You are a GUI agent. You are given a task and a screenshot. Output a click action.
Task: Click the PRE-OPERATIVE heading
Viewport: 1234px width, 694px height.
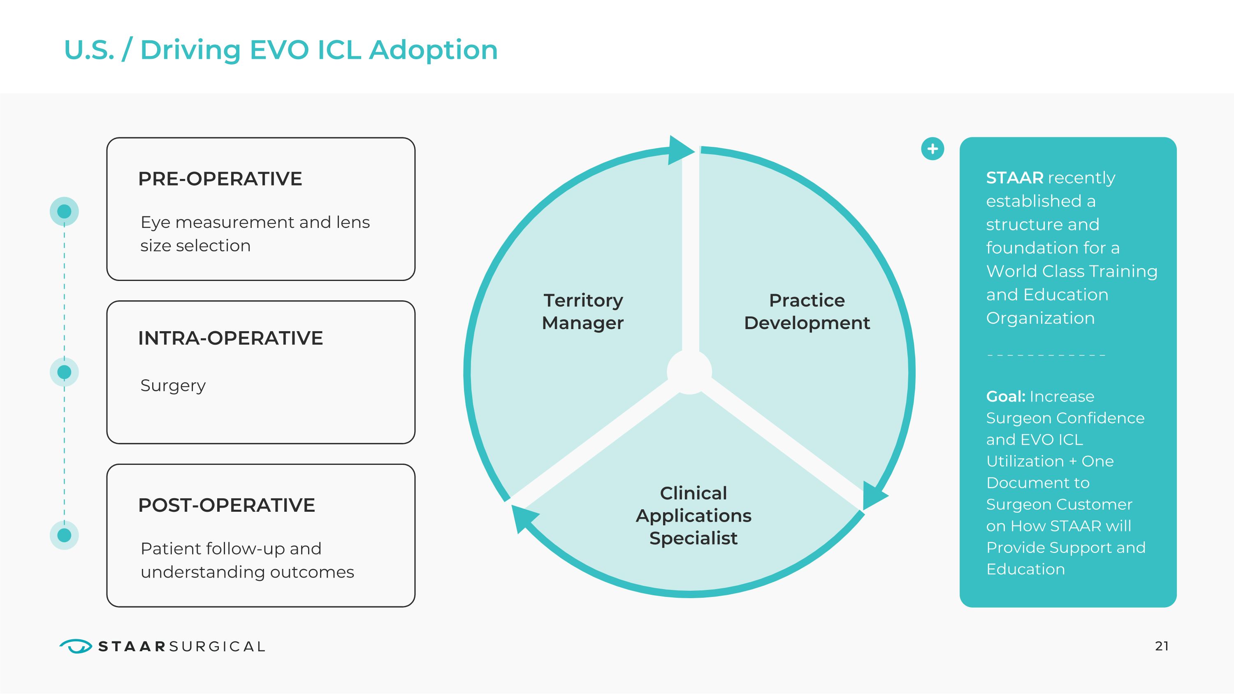[220, 179]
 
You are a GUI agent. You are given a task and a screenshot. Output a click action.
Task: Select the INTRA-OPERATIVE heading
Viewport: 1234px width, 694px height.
[230, 338]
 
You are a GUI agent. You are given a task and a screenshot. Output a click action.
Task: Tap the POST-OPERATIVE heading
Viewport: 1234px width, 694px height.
[226, 505]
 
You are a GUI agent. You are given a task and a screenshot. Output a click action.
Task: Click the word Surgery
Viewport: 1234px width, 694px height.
[173, 385]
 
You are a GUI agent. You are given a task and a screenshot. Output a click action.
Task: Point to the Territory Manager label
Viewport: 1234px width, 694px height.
[582, 311]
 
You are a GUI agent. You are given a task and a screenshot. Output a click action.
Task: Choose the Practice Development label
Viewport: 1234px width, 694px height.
[807, 311]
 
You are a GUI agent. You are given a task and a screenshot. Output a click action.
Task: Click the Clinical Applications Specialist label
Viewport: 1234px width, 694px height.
[693, 515]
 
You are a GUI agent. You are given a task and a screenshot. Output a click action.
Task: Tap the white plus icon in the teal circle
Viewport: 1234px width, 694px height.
[932, 149]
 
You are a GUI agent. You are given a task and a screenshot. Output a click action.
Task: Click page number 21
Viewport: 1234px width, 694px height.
[1162, 646]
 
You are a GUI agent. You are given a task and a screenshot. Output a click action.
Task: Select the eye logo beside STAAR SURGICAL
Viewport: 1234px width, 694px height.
[76, 646]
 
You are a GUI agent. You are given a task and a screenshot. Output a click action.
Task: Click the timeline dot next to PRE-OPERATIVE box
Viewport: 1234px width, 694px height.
[64, 211]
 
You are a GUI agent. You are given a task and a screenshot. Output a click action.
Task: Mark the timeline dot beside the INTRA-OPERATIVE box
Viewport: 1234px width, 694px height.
[64, 372]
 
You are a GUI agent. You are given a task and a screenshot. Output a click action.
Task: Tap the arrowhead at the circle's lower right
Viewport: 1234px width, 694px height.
[873, 496]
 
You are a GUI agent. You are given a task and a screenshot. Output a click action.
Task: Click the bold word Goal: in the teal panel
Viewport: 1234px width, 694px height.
[1005, 397]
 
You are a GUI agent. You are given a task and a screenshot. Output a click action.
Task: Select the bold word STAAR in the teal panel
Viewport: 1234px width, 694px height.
[1014, 178]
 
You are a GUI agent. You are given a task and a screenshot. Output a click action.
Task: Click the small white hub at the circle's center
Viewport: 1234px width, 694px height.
[689, 372]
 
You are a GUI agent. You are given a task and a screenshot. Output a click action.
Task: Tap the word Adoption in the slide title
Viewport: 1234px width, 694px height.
[433, 50]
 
